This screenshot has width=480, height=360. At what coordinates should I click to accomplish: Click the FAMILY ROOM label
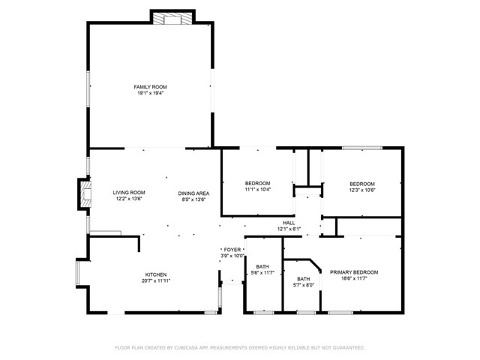(149, 87)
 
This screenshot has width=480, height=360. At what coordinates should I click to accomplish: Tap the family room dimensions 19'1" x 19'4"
(149, 94)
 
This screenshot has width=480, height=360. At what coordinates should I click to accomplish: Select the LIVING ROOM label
(129, 192)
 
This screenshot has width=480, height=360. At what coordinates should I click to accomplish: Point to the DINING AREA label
(193, 192)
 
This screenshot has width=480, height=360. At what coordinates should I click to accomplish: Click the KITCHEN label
(156, 274)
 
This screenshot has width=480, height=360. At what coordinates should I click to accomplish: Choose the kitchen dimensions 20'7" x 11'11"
(156, 281)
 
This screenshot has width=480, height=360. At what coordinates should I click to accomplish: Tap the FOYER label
(232, 249)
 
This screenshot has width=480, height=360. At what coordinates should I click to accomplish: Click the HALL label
(288, 222)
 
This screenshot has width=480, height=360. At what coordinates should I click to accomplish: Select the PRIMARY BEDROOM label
(354, 271)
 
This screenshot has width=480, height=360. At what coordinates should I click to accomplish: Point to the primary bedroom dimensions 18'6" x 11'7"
(354, 278)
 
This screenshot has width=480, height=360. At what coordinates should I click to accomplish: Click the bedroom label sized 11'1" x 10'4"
(257, 184)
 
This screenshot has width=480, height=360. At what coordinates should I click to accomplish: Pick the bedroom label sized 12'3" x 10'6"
(361, 184)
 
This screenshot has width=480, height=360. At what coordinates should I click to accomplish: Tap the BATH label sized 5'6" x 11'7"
(262, 266)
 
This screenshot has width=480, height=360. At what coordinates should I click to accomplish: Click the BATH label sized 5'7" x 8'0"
(304, 278)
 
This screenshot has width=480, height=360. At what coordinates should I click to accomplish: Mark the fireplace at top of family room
(173, 19)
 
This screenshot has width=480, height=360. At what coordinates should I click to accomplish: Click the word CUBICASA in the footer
(190, 348)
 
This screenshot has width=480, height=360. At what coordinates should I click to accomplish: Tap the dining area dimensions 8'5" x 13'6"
(193, 199)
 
